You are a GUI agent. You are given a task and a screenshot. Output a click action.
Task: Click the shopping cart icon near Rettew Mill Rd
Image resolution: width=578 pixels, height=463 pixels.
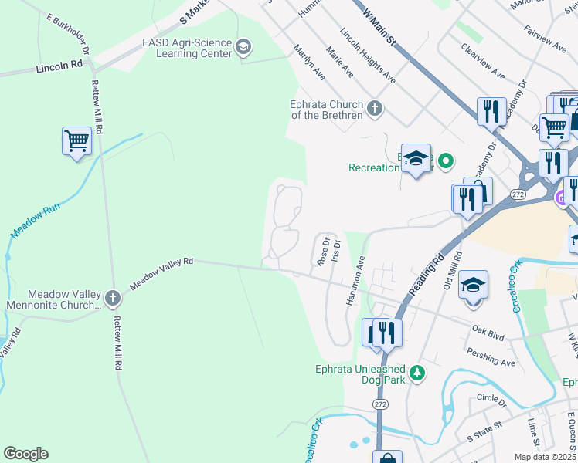(x=77, y=142)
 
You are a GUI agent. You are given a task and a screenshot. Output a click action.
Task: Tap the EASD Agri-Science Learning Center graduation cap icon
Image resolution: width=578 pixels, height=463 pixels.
(x=244, y=48)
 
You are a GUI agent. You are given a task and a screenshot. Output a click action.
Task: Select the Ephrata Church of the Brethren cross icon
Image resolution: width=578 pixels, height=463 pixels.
(x=375, y=107)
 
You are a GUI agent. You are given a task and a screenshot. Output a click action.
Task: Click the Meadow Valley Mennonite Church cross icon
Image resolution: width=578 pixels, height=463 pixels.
(x=113, y=297)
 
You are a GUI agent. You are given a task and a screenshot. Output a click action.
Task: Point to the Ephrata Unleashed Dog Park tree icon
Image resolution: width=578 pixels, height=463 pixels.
(x=417, y=373)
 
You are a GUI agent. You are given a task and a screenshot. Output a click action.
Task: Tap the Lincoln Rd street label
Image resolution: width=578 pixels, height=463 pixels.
(x=59, y=68)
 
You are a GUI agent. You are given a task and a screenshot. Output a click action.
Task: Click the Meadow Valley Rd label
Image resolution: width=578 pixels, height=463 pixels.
(x=161, y=273)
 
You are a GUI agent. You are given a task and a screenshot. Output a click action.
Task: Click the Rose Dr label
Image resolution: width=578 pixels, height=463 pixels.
(x=323, y=251)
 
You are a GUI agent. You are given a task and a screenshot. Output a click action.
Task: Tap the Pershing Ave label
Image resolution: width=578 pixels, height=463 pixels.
(x=491, y=357)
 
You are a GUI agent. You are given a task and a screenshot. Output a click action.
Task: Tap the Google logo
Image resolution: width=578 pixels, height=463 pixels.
(x=25, y=453)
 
